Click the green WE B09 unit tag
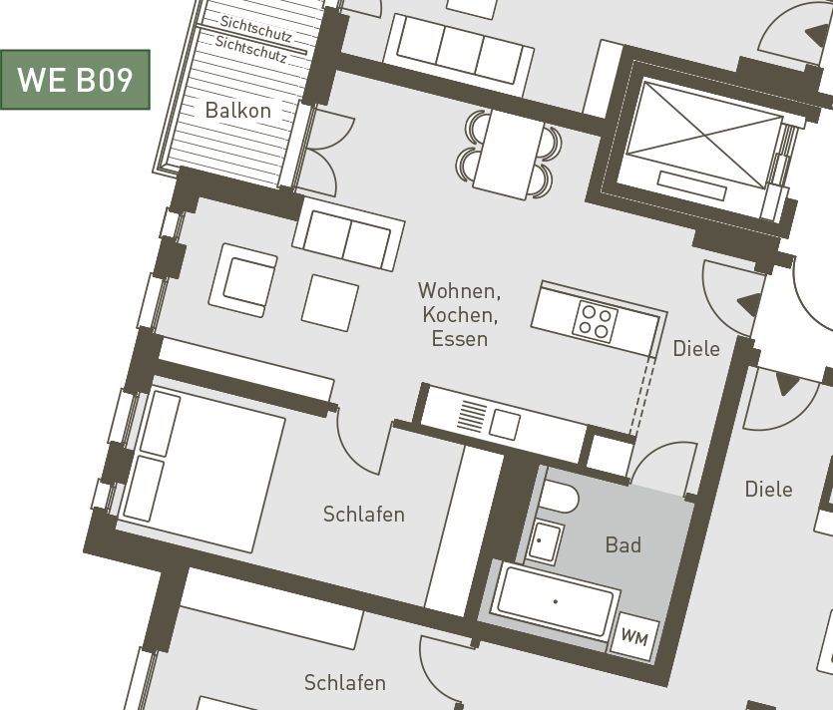(x=75, y=80)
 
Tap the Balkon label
(x=238, y=111)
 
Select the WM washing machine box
(x=634, y=636)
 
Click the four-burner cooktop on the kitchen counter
(x=595, y=320)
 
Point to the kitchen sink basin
(x=504, y=425)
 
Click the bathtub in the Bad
(x=556, y=601)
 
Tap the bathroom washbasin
(x=543, y=541)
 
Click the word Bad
(x=624, y=544)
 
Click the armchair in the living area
(x=242, y=280)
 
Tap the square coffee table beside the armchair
(x=330, y=303)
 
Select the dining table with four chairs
(x=509, y=154)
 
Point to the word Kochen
(x=460, y=315)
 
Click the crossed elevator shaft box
(x=704, y=142)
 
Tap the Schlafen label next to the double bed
(x=364, y=514)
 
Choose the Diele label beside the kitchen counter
(x=696, y=349)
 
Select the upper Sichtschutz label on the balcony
(x=255, y=29)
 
